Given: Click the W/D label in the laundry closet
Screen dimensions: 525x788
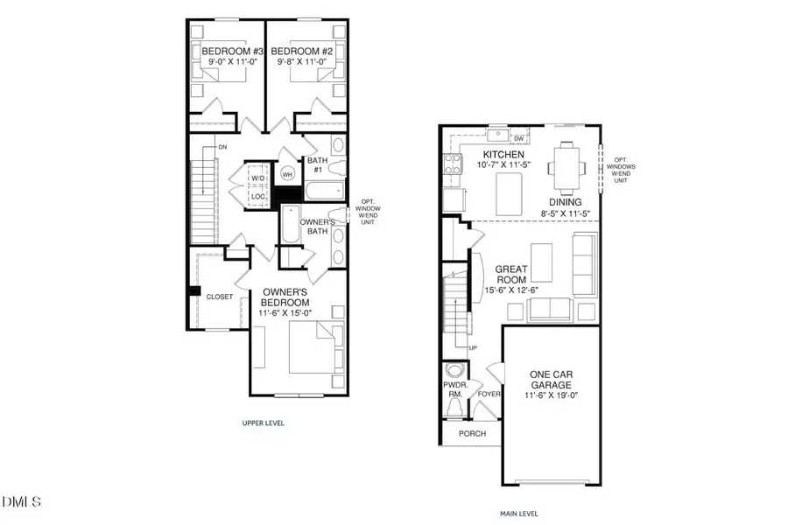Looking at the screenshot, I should pyautogui.click(x=257, y=179).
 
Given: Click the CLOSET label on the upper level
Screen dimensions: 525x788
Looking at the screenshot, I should pyautogui.click(x=220, y=297).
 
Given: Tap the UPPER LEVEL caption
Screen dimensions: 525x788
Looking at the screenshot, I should pyautogui.click(x=264, y=423).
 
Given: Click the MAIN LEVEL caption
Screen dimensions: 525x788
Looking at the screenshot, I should pyautogui.click(x=520, y=514).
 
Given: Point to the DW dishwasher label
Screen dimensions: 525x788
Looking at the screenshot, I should pyautogui.click(x=519, y=138).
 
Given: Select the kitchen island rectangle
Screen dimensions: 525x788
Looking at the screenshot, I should pyautogui.click(x=509, y=193).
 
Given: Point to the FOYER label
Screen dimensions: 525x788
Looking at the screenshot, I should pyautogui.click(x=487, y=395).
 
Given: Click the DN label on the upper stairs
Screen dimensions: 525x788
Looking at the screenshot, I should pyautogui.click(x=223, y=147).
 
